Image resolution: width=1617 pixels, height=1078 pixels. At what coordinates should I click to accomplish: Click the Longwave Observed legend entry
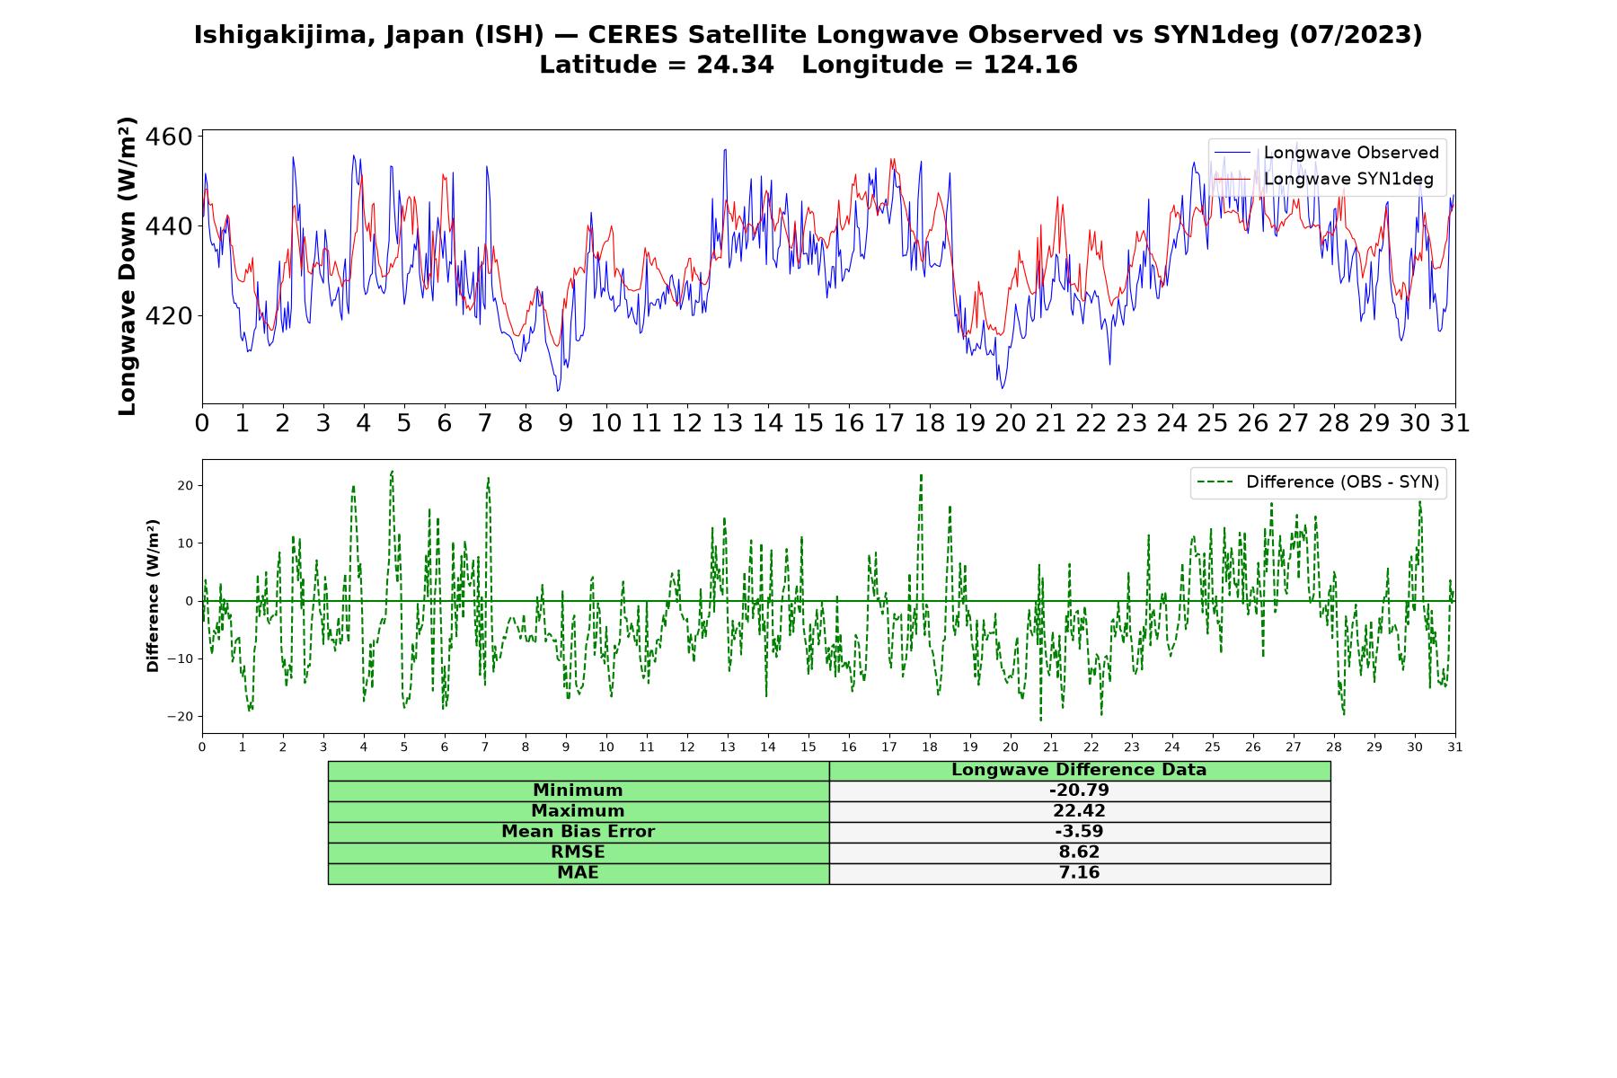pos(1326,153)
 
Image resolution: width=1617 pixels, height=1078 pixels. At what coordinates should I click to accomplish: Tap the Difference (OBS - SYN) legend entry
pos(1319,482)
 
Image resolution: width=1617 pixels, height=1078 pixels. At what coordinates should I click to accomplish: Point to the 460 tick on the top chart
pos(171,137)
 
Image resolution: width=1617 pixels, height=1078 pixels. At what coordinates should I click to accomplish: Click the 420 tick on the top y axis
pos(171,316)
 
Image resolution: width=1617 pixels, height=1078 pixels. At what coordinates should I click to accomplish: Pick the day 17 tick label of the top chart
pos(888,423)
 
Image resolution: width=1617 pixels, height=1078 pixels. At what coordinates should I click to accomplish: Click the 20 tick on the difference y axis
pos(186,486)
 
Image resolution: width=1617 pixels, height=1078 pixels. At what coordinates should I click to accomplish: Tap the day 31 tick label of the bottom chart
pos(1455,747)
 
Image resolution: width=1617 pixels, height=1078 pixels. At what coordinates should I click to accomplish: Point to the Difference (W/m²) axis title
pos(153,596)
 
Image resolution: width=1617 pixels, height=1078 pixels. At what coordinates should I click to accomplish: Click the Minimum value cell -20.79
pos(1079,791)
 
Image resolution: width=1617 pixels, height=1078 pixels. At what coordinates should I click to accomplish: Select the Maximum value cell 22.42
pos(1079,811)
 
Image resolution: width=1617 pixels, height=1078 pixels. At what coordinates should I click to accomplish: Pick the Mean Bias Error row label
pos(578,832)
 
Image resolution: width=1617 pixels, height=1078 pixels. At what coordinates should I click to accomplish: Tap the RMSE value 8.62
pos(1079,853)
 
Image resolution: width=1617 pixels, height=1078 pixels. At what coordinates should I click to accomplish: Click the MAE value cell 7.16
pos(1079,873)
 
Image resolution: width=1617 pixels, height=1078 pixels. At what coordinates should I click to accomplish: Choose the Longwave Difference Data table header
pos(1079,770)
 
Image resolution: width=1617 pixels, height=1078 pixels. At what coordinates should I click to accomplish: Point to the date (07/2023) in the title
pos(1356,35)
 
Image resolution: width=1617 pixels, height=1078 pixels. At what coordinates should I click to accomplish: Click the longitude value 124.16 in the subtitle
pos(1030,65)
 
